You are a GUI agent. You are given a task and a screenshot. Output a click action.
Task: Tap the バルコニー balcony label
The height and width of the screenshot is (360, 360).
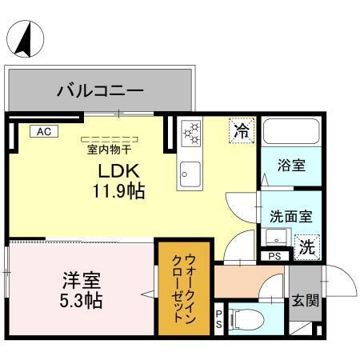coord(100,90)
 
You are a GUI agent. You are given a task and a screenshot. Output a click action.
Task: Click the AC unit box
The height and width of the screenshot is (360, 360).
coord(42,131)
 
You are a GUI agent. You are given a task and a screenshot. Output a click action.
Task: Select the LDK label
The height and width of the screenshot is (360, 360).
coord(119,170)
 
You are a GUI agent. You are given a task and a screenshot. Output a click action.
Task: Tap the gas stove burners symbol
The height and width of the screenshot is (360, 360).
coord(190,133)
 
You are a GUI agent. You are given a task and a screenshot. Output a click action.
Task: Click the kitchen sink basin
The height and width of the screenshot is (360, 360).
coord(190,170)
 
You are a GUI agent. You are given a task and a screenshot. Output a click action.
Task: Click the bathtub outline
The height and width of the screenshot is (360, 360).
coord(291,133)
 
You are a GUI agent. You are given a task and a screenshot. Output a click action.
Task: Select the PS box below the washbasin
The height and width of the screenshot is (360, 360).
coord(274,256)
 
